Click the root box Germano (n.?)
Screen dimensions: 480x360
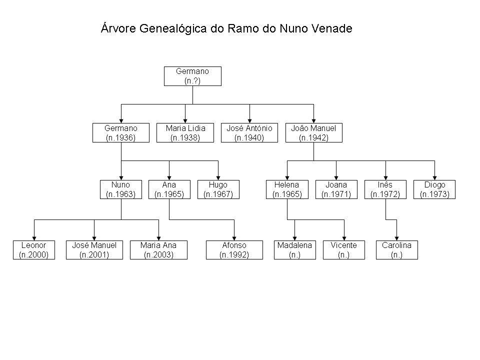(192, 76)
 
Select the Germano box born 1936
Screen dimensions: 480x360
(121, 133)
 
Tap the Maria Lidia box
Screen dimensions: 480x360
(185, 133)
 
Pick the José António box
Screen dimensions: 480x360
(249, 133)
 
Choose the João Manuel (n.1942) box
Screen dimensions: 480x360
(314, 133)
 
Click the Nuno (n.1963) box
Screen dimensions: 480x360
(121, 189)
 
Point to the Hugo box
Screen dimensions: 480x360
(218, 189)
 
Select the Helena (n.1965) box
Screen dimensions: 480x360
(287, 189)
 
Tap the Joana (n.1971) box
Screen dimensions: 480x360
(336, 189)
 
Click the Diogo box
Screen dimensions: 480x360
(434, 189)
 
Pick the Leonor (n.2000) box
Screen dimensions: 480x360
(34, 250)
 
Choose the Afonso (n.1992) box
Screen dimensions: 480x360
(234, 250)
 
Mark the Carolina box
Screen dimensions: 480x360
(396, 250)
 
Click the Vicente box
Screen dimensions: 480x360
(344, 250)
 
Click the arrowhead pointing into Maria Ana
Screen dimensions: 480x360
(159, 238)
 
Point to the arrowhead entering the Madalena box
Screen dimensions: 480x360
(295, 238)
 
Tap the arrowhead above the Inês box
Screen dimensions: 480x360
(385, 178)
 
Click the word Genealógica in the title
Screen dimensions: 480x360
(173, 29)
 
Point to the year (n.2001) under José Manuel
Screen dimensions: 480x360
(94, 254)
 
